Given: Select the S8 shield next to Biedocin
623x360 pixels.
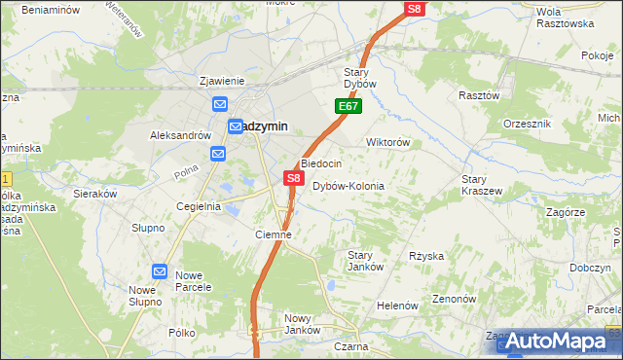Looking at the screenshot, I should pos(293,178).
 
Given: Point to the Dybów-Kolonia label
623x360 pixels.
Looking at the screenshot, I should pos(348,186).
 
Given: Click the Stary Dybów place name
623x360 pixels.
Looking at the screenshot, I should pos(367,78).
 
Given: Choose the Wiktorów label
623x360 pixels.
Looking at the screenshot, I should pos(386,142).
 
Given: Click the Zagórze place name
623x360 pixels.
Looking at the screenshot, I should pos(566,211).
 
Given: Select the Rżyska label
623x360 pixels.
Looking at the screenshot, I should pos(426,256).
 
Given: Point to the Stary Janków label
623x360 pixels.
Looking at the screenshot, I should pos(365,261).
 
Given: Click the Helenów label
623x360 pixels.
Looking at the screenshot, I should pos(397,306).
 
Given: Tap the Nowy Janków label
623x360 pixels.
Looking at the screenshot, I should pos(303,324).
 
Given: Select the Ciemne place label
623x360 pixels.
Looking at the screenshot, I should pos(273,234).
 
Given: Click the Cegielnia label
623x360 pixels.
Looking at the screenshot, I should pos(198,206).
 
